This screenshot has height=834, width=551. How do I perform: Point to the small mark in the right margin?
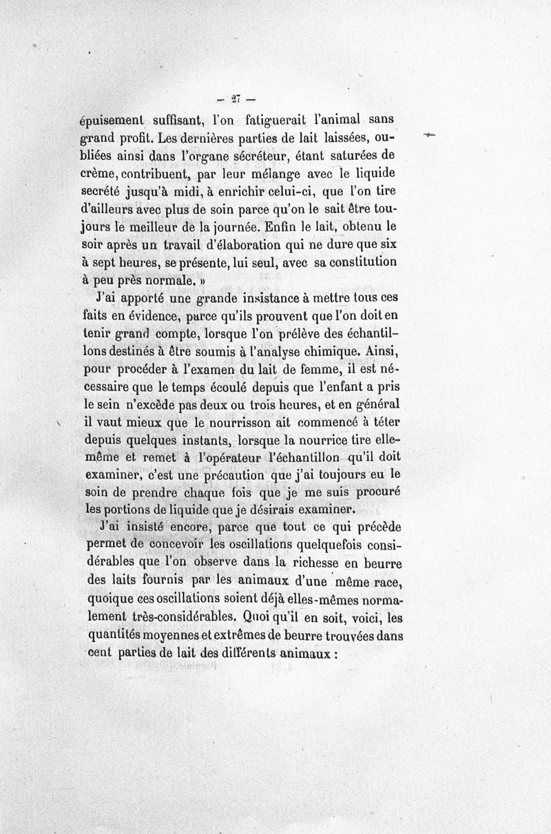431,136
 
